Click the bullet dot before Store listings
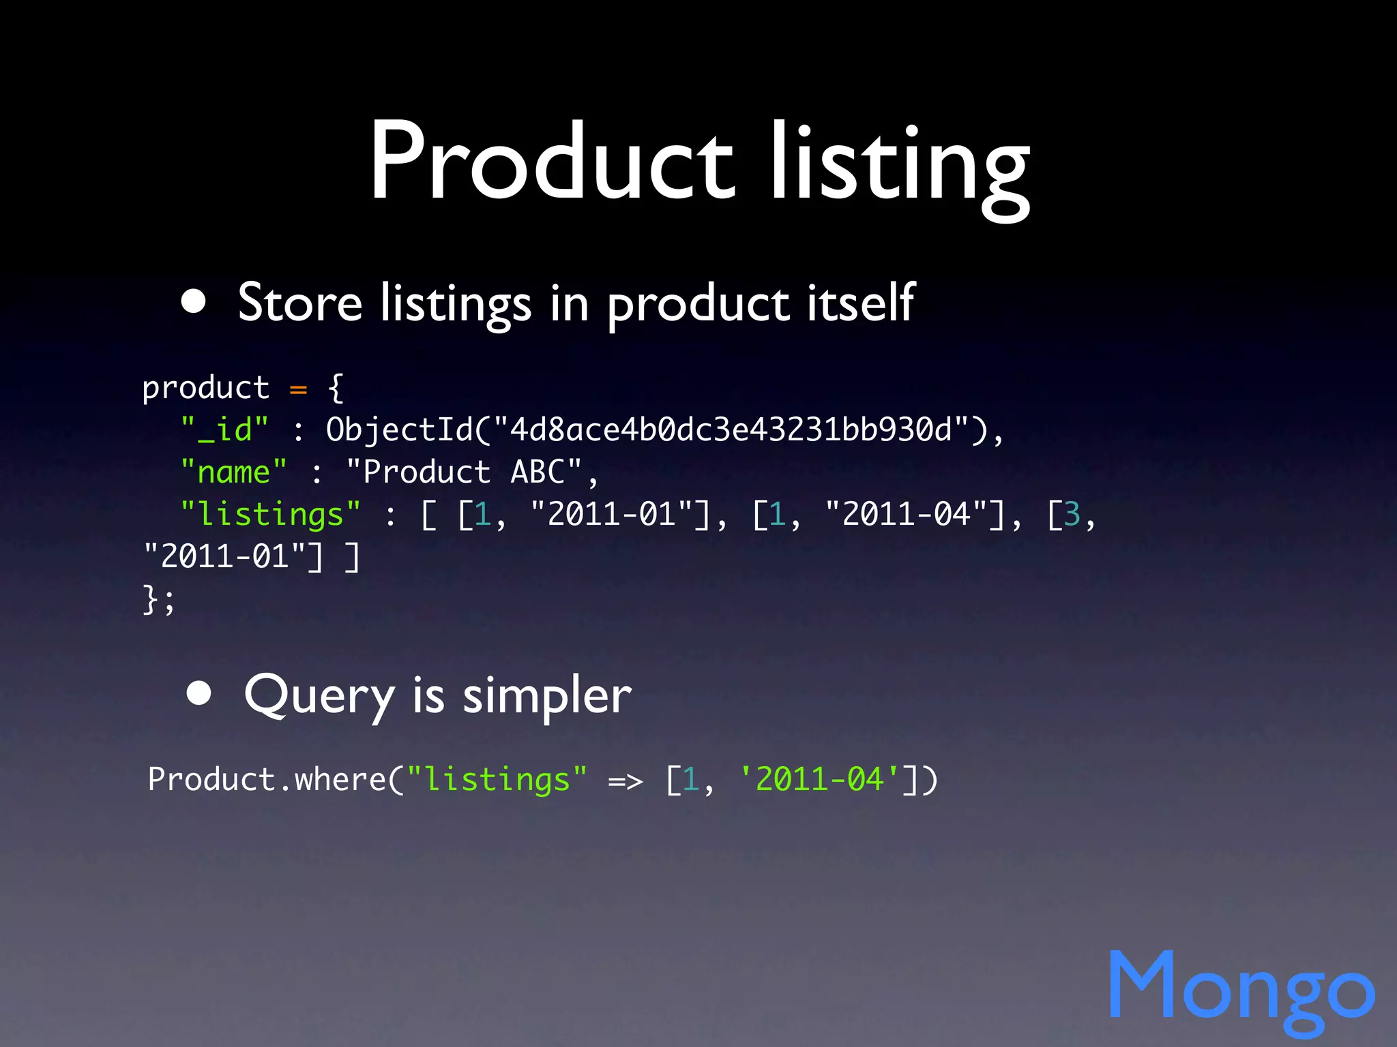(x=194, y=301)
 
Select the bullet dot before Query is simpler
(x=198, y=693)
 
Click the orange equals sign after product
(x=298, y=389)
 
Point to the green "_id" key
(x=224, y=430)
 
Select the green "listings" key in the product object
(x=270, y=515)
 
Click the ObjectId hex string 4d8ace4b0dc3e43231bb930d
(x=731, y=430)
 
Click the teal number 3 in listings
(x=1072, y=515)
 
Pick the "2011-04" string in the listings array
(x=906, y=515)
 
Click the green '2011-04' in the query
(x=820, y=779)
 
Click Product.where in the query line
(x=267, y=780)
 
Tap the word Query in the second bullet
(x=319, y=695)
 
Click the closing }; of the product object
(x=158, y=600)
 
